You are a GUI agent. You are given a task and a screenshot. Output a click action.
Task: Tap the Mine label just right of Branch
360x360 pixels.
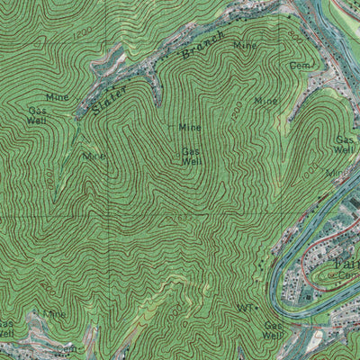coord(244,44)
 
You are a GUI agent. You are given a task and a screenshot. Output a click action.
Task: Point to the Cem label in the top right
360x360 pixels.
coord(300,67)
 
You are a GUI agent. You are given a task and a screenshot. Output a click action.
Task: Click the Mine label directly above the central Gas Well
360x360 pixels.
coord(190,128)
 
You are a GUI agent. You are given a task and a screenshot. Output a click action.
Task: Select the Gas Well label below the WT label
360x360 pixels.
coord(272,330)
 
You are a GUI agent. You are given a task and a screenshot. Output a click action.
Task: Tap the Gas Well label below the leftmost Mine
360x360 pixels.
coord(37,114)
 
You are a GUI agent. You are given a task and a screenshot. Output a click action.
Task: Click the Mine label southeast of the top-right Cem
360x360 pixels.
coord(265,101)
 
